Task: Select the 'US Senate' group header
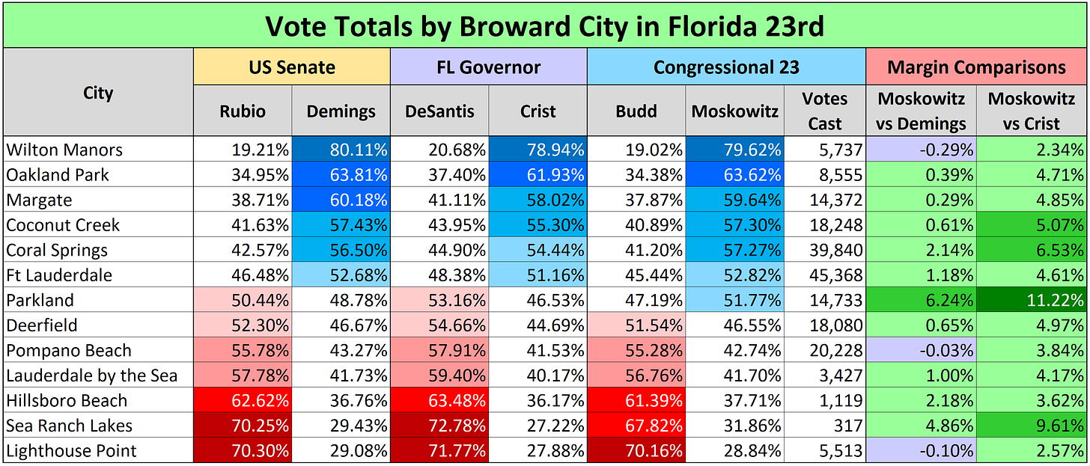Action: (x=292, y=67)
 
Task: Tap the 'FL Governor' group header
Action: (x=488, y=67)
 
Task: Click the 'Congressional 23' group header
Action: (x=726, y=67)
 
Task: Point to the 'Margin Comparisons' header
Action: (x=976, y=67)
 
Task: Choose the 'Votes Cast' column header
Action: (x=824, y=111)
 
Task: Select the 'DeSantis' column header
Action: (x=439, y=111)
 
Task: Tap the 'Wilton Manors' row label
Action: (x=64, y=150)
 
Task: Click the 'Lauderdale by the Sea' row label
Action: (x=92, y=375)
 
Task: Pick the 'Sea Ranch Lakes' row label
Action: (x=70, y=426)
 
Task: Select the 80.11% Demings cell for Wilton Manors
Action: (x=341, y=150)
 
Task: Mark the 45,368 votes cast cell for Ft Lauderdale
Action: (x=824, y=275)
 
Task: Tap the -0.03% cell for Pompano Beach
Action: (x=922, y=350)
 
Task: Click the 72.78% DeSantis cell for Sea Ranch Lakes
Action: (x=439, y=426)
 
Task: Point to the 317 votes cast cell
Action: (x=824, y=426)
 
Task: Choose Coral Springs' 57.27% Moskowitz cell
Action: (x=734, y=250)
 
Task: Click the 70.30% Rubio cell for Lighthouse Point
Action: (x=243, y=451)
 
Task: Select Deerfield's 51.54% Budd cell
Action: (x=636, y=325)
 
